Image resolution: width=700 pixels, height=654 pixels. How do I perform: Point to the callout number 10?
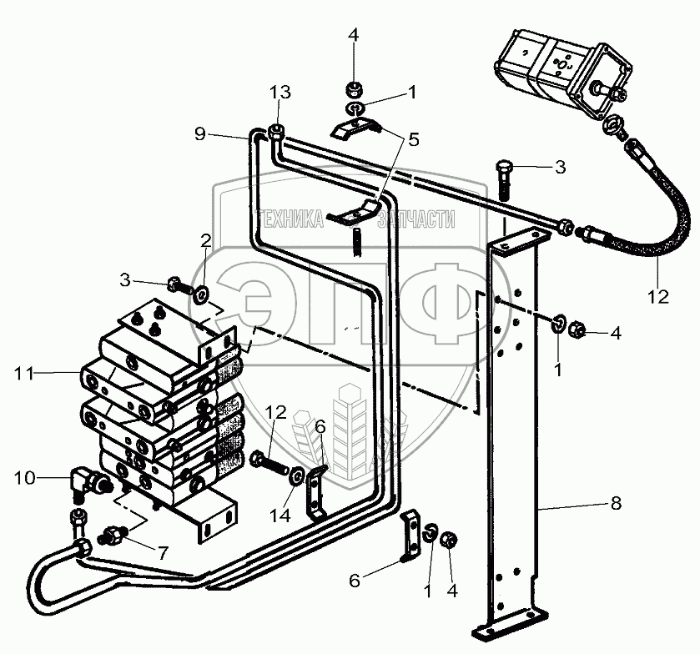point(25,477)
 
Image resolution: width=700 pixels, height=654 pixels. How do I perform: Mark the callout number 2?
point(205,241)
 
